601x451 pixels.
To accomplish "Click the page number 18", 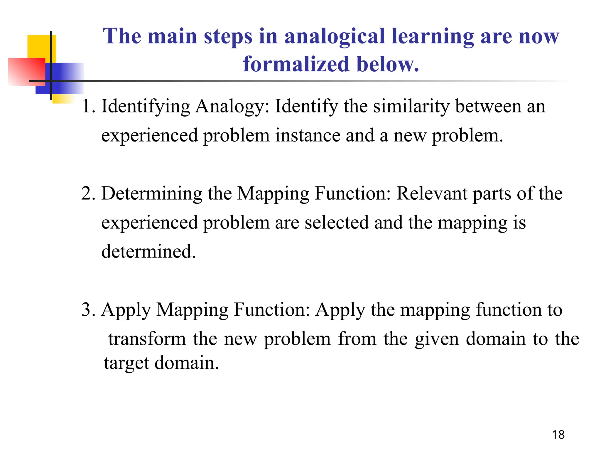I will click(x=558, y=435).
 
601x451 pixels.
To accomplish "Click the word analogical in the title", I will click(x=335, y=36).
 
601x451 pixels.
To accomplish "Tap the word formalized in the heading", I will click(x=296, y=64).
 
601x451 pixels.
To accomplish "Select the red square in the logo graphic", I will click(x=26, y=71).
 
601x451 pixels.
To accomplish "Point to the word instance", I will click(x=307, y=135).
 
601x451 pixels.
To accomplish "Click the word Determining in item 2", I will click(x=152, y=194).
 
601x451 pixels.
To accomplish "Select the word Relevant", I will click(x=432, y=193).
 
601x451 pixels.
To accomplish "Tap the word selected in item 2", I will click(x=336, y=222).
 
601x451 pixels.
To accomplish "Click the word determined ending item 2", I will click(x=148, y=252).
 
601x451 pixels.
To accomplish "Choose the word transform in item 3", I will click(x=147, y=339).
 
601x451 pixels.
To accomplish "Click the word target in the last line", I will click(x=126, y=363).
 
